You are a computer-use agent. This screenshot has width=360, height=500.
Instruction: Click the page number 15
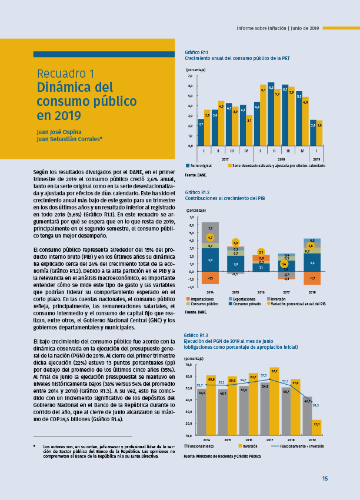[x=325, y=478]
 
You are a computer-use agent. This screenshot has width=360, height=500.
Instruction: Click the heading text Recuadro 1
[x=65, y=74]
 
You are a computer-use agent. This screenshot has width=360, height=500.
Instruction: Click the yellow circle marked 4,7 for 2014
[x=211, y=238]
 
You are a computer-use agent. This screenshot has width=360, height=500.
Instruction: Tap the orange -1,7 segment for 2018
[x=312, y=278]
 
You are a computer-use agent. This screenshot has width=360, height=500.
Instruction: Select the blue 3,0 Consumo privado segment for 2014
[x=211, y=259]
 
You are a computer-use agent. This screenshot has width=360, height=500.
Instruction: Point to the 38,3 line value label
[x=316, y=405]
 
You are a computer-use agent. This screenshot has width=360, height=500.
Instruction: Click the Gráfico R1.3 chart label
[x=195, y=335]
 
